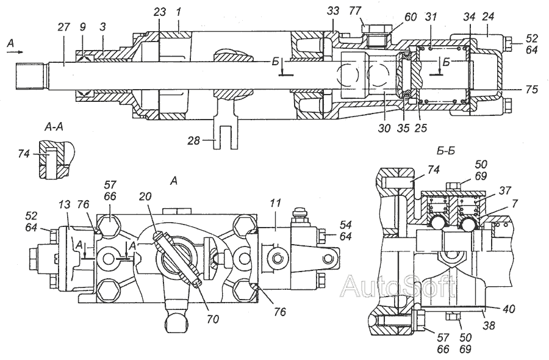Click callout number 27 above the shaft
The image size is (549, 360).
(x=63, y=27)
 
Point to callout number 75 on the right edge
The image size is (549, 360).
(x=531, y=90)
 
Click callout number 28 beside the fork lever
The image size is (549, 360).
(x=193, y=140)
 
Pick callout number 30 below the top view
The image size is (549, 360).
(x=384, y=128)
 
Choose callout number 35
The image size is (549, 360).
(x=403, y=128)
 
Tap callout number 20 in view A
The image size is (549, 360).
(x=145, y=196)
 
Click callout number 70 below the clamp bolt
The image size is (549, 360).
(x=212, y=319)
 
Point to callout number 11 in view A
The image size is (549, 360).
(x=276, y=203)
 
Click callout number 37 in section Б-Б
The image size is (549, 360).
(x=505, y=190)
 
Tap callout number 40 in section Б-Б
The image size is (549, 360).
(x=509, y=309)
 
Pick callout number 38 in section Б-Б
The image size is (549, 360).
(x=489, y=325)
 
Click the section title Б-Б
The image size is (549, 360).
(x=446, y=151)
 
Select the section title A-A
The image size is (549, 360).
(x=54, y=127)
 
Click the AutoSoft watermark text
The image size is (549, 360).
(x=399, y=286)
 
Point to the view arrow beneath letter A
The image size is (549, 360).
(x=15, y=52)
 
